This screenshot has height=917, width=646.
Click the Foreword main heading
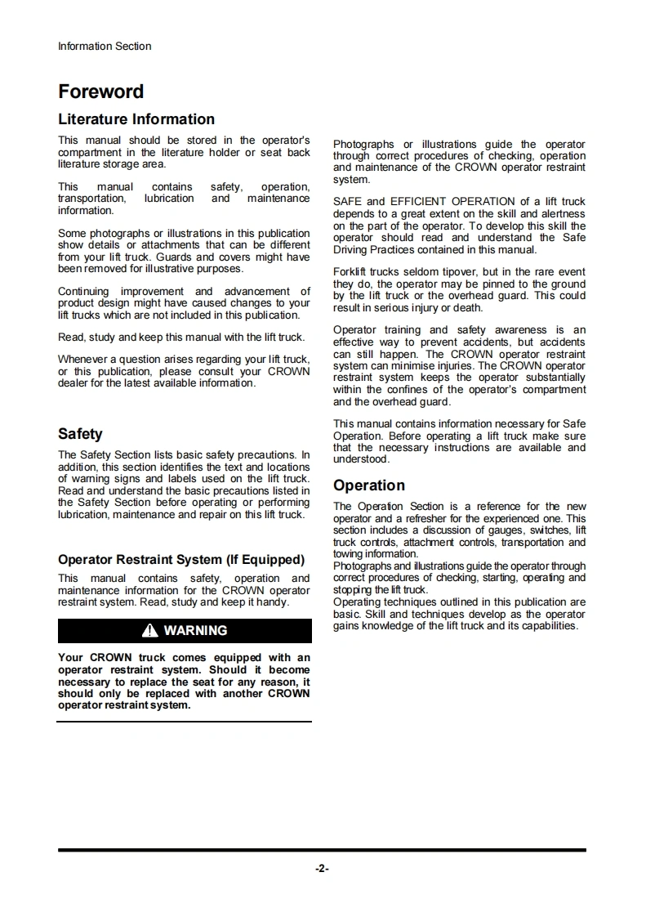tap(100, 92)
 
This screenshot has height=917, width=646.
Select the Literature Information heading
tap(136, 119)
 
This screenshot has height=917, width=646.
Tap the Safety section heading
tap(80, 434)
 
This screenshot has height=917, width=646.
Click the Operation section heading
tap(368, 485)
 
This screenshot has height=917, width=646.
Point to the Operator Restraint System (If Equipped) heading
tap(180, 560)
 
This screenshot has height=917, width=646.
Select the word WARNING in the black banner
tap(195, 631)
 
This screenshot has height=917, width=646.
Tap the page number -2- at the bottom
tap(322, 869)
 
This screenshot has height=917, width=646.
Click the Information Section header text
tap(105, 47)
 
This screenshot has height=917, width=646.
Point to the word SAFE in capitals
tap(347, 202)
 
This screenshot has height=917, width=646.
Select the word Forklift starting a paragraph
tap(350, 272)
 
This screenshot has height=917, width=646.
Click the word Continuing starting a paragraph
tap(83, 291)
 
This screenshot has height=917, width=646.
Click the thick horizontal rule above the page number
tap(322, 850)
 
